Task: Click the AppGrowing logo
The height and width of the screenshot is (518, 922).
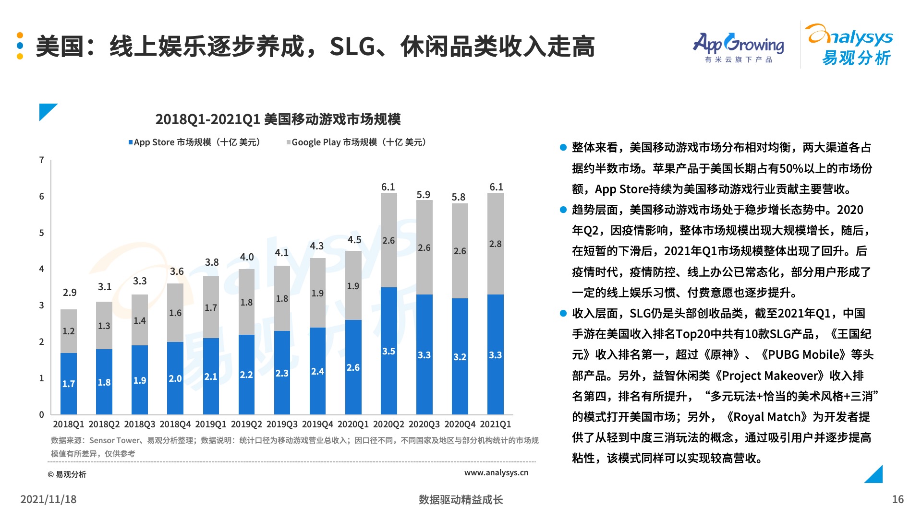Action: coord(738,47)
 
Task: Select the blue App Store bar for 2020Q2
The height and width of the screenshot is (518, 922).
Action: coord(388,350)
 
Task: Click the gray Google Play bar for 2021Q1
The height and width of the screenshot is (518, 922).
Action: coord(495,244)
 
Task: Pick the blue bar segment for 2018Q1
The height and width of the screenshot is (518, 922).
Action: coord(69,383)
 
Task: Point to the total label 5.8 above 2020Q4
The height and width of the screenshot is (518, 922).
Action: coord(459,197)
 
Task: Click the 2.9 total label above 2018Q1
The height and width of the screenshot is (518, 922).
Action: coord(70,293)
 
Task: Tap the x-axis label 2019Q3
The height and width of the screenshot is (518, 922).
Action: coord(282,424)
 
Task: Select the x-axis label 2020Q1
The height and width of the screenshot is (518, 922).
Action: coord(353,424)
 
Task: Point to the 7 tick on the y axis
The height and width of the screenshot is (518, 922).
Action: coord(42,160)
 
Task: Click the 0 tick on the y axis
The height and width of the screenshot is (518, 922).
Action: coord(42,414)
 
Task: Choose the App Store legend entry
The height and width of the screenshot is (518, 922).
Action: coord(194,142)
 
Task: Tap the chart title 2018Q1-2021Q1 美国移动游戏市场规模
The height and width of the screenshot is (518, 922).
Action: coord(278,119)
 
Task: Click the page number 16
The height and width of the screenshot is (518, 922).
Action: coord(898,499)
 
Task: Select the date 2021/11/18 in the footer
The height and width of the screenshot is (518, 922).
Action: coord(49,499)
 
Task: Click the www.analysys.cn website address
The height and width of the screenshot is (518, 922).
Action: coord(496,473)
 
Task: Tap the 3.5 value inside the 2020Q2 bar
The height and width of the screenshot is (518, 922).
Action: coord(388,351)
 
